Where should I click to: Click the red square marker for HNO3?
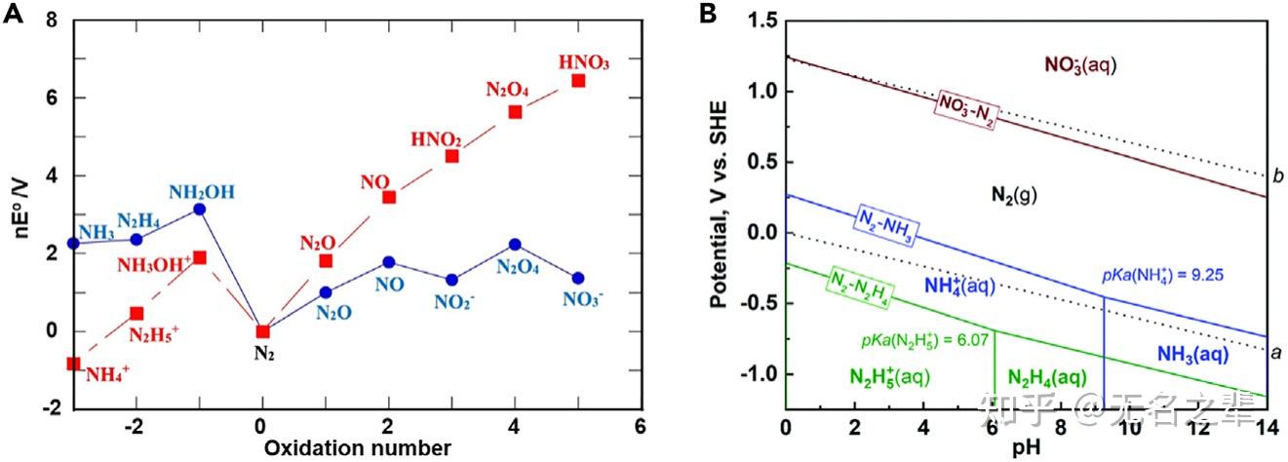click(x=578, y=80)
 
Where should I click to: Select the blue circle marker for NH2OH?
click(x=200, y=209)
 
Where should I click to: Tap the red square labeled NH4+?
click(x=73, y=364)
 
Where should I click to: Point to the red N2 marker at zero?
click(x=262, y=331)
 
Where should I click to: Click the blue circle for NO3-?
click(x=578, y=278)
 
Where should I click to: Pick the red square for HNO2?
click(x=452, y=156)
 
